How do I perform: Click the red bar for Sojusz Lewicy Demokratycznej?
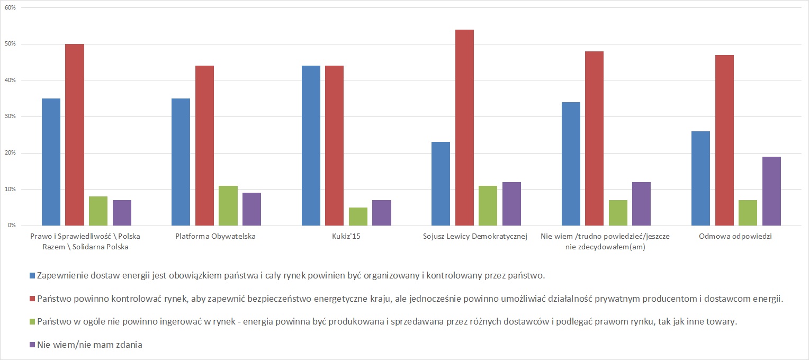pos(464,128)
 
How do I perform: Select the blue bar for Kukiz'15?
pos(311,146)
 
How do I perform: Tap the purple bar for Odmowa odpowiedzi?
pos(771,191)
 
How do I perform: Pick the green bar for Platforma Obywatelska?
pos(228,205)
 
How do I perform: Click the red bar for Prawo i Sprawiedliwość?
pos(75,134)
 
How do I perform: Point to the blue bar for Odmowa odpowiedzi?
pos(700,178)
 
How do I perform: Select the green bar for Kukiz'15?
pos(358,217)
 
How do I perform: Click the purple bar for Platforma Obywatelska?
pos(251,209)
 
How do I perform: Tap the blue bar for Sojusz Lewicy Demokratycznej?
pos(441,184)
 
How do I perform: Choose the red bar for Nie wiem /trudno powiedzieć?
pos(594,138)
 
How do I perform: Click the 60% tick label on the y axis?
pos(10,7)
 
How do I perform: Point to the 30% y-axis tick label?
pos(10,116)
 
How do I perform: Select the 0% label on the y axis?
pos(12,226)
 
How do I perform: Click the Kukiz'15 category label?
pos(346,236)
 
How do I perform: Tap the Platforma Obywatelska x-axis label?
pos(215,236)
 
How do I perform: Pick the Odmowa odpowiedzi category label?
pos(735,236)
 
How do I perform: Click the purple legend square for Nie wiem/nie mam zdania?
pos(32,345)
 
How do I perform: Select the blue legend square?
pos(32,275)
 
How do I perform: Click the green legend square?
pos(32,321)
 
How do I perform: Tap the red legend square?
pos(32,299)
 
